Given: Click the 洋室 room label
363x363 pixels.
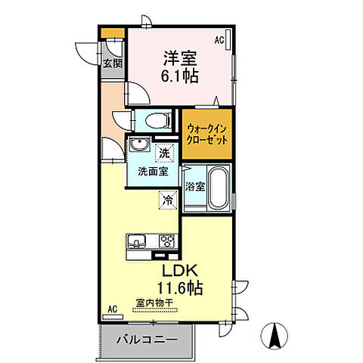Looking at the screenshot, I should pos(178,57).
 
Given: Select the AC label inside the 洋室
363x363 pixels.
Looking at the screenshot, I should pos(219,39).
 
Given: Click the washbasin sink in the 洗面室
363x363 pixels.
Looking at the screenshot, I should pos(137,147).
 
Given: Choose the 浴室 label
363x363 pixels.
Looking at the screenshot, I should pos(193,185).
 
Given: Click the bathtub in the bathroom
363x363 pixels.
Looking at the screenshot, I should pos(217,188).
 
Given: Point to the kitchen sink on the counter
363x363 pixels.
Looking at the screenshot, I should pos(138,242).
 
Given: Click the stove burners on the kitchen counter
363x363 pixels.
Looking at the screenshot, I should pos(166,242).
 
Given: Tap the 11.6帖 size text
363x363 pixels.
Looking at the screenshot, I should pos(179,288).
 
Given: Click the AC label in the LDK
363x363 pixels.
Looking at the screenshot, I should pos(112,309).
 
